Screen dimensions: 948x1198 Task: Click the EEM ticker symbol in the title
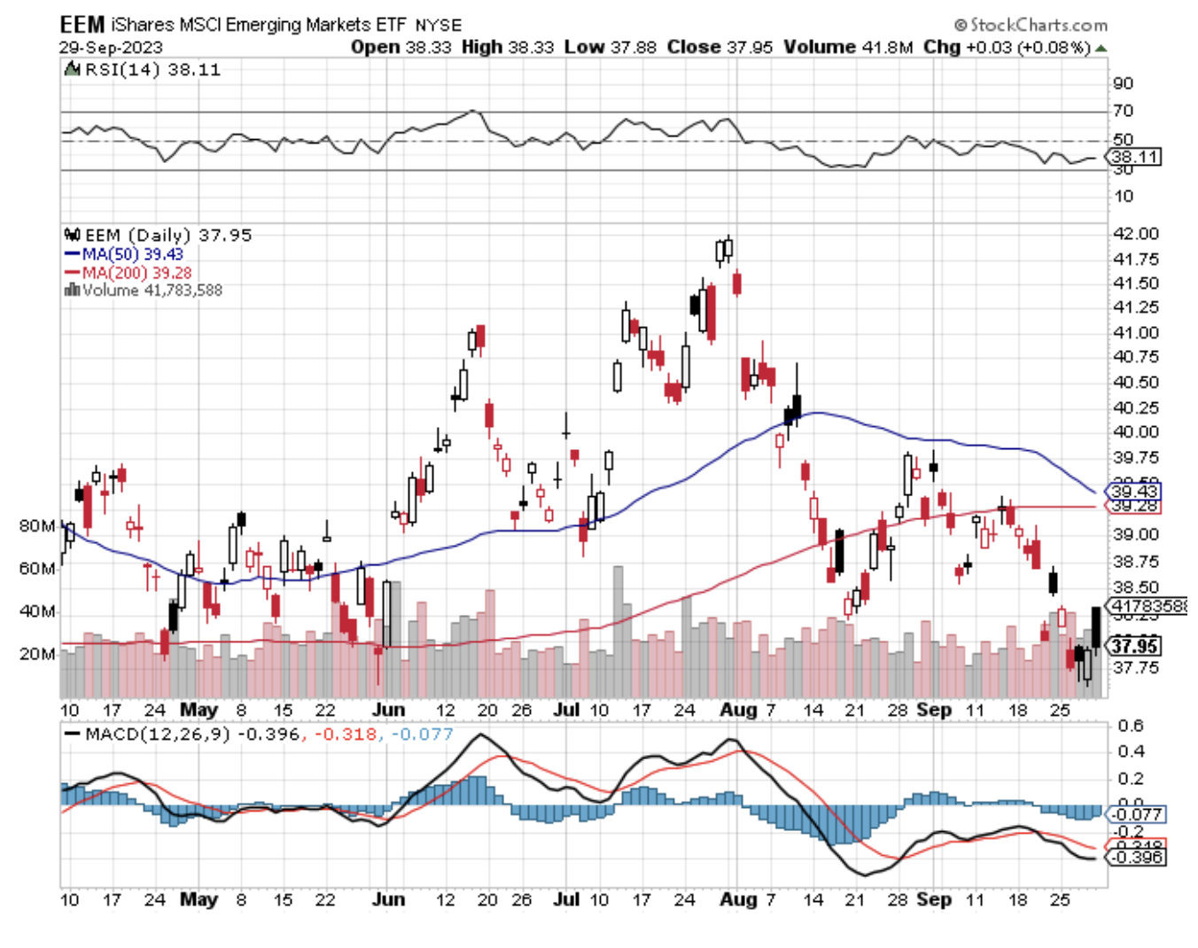coord(82,24)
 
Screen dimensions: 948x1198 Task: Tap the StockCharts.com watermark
coord(1031,25)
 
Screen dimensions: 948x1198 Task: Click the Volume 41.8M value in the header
coord(848,47)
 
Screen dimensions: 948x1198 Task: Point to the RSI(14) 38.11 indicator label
coord(147,70)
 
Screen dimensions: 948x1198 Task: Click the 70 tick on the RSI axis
coord(1123,111)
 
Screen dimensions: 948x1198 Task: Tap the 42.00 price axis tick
coord(1135,234)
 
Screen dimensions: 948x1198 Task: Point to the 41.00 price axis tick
coord(1135,333)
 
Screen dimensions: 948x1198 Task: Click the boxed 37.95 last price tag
coord(1135,646)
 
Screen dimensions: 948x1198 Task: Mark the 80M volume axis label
coord(37,526)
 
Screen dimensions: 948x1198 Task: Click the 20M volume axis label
coord(37,654)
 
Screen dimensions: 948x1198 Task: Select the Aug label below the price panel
coord(738,711)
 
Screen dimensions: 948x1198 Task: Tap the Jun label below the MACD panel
coord(388,900)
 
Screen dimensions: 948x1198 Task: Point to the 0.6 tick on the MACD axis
coord(1131,727)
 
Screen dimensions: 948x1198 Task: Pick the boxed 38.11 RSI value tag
coord(1135,158)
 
